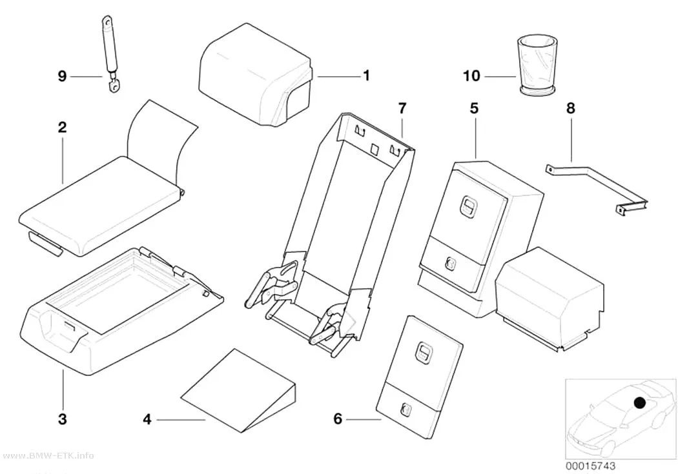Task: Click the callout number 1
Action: click(x=366, y=75)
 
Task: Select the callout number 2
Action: click(x=62, y=127)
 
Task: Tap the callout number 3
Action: click(x=63, y=419)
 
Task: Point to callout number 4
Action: click(x=147, y=419)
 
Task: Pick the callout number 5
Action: click(x=475, y=108)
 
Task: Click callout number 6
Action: click(x=338, y=419)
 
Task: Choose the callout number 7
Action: click(x=402, y=108)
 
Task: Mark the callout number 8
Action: click(x=571, y=108)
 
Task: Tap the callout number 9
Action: click(x=62, y=76)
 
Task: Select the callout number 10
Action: click(x=472, y=76)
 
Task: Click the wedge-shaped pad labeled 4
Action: click(x=239, y=391)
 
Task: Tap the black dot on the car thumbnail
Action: click(x=639, y=403)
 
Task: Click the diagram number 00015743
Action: click(x=590, y=466)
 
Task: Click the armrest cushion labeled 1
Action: click(x=255, y=74)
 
